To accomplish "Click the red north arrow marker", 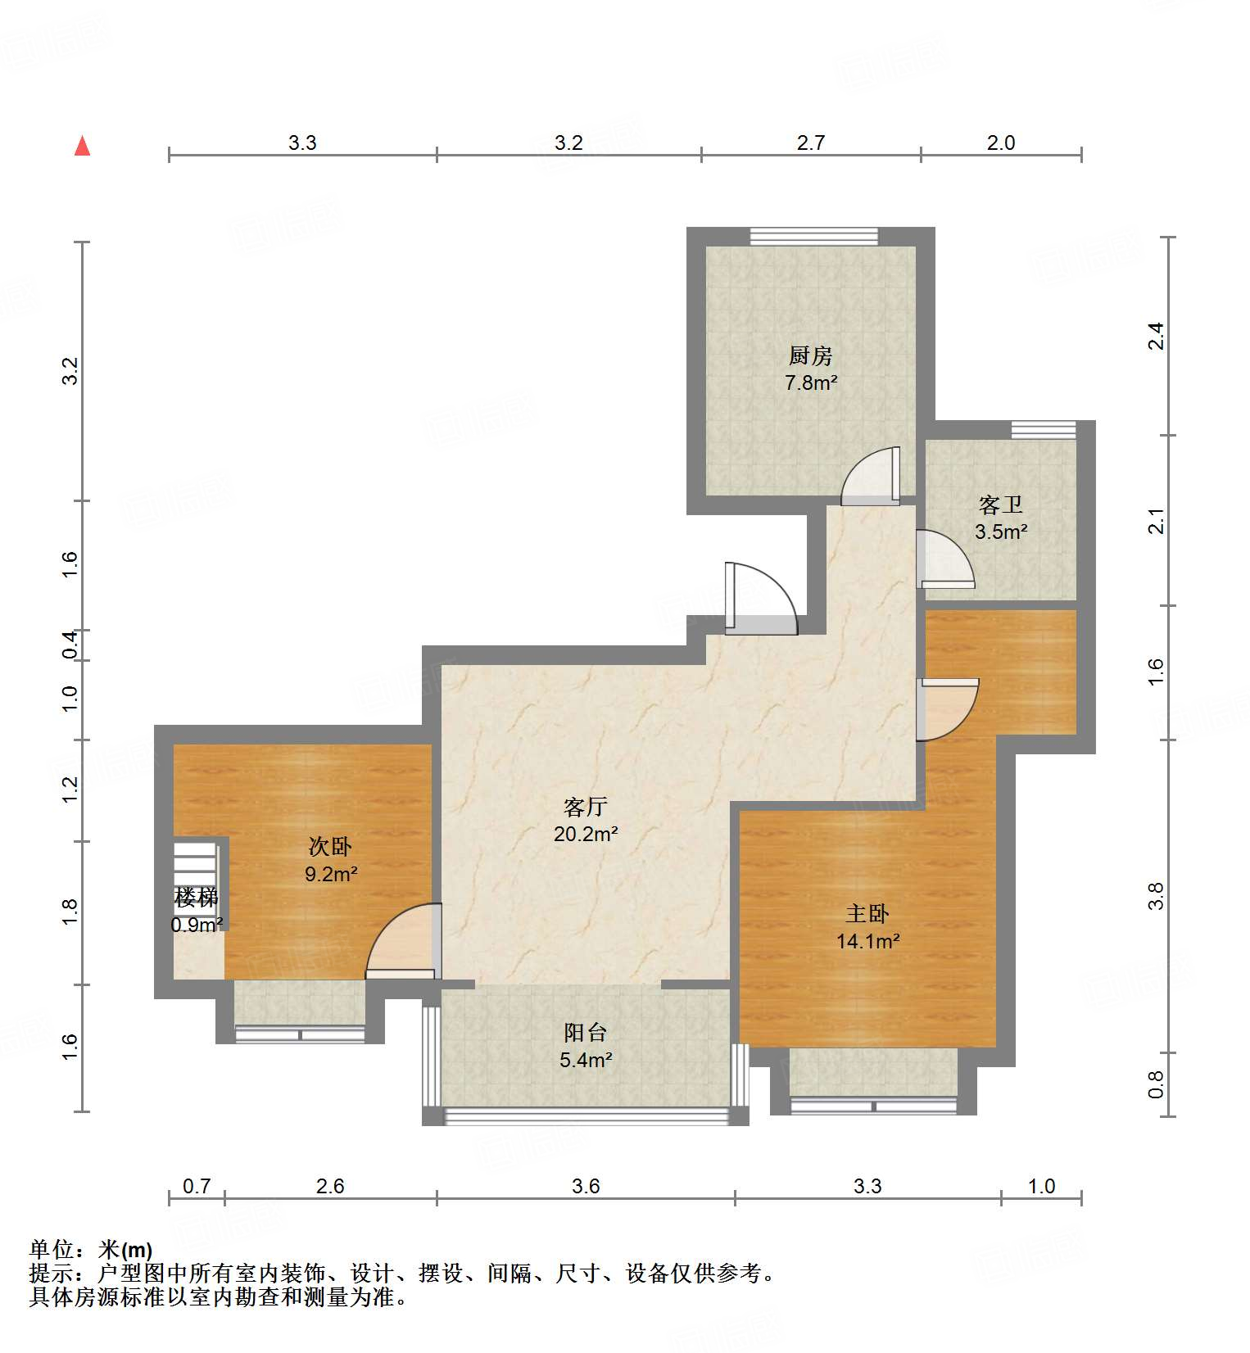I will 82,146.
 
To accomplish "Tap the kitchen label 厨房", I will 810,355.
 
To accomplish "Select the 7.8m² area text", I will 810,382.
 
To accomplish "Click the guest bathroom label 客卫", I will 1000,505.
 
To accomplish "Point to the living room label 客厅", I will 585,807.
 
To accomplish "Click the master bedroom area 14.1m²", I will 867,941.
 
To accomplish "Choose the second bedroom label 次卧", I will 330,846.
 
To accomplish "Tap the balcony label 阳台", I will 585,1033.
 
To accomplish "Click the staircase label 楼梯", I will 197,898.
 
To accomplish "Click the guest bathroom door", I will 944,559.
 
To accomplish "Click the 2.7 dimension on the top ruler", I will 810,143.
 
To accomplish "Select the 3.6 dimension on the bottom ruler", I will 586,1185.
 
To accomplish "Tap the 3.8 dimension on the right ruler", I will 1155,896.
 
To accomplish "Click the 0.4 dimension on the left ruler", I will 71,645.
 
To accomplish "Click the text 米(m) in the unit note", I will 125,1250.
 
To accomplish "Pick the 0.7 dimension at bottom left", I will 197,1185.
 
